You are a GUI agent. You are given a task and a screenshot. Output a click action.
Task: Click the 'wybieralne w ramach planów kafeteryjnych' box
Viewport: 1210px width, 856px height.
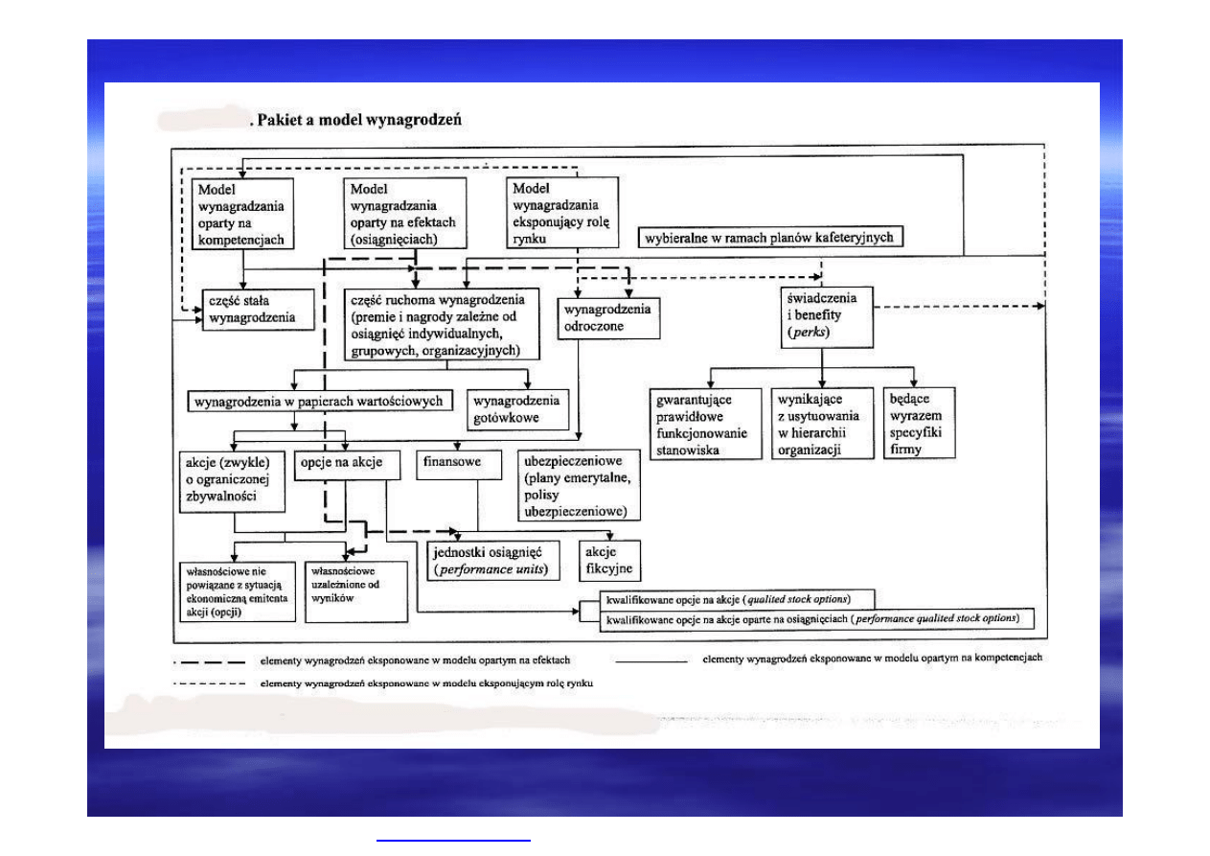click(x=770, y=237)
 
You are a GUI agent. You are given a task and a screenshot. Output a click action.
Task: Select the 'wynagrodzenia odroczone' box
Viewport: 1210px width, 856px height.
click(x=608, y=317)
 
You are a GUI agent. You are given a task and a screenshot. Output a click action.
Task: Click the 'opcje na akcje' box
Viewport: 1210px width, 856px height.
click(x=340, y=462)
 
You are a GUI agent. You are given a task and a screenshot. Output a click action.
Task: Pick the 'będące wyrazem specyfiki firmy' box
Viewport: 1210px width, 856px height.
click(x=919, y=422)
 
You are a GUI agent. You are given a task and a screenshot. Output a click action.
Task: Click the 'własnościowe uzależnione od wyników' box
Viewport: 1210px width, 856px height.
click(x=341, y=583)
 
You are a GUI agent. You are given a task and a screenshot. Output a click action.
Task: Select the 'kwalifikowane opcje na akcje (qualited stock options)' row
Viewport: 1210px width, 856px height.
click(x=726, y=599)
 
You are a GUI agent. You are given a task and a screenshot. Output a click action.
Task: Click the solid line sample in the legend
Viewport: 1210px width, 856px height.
click(x=651, y=660)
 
